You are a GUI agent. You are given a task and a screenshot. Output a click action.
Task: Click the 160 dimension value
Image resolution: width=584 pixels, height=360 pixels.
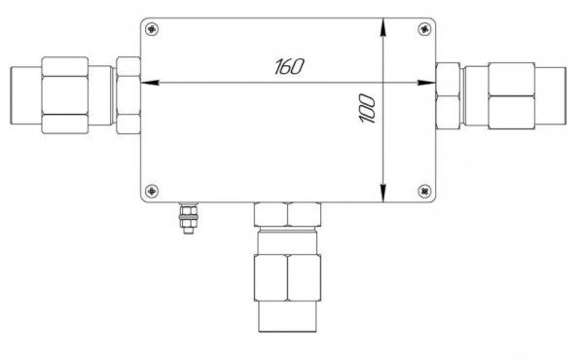(x=289, y=66)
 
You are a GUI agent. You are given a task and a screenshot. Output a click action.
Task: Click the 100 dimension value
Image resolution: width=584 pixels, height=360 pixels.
(x=367, y=109)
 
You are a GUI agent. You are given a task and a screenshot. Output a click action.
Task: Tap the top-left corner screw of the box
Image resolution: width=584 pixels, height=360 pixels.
(x=152, y=28)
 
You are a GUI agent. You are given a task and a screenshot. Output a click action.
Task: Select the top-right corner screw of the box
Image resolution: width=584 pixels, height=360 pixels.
(x=424, y=28)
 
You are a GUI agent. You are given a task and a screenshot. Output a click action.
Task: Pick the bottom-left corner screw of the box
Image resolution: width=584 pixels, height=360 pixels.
(x=152, y=191)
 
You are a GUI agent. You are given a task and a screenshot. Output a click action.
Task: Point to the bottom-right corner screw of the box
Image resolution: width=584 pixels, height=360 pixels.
(x=424, y=191)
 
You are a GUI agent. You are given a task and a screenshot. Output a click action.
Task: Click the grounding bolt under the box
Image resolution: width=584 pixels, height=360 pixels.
(x=189, y=218)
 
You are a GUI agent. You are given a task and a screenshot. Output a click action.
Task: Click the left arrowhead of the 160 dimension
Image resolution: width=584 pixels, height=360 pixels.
(x=150, y=83)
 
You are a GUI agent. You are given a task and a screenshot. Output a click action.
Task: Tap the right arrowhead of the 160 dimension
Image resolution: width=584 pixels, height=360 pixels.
(x=426, y=83)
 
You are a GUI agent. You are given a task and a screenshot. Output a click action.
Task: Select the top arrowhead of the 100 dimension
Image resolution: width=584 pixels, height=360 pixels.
(x=383, y=27)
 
